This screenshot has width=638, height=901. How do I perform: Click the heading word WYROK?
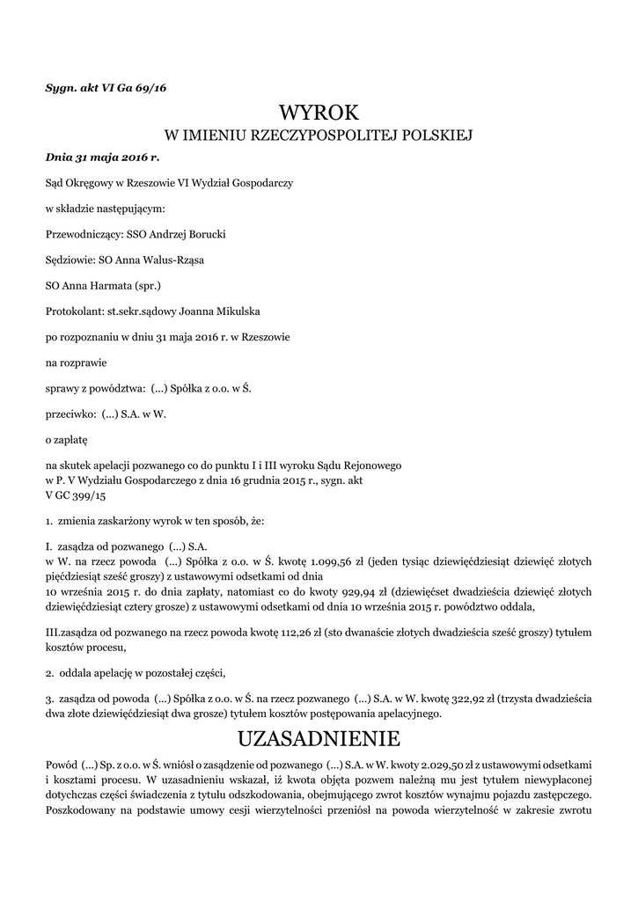319,113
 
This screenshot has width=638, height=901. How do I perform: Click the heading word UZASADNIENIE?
319,736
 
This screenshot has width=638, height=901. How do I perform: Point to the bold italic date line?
102,158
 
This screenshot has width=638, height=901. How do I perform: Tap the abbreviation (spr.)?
146,286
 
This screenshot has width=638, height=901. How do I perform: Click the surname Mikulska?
232,311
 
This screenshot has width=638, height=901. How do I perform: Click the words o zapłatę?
67,437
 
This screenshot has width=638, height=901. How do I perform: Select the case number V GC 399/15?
76,495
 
